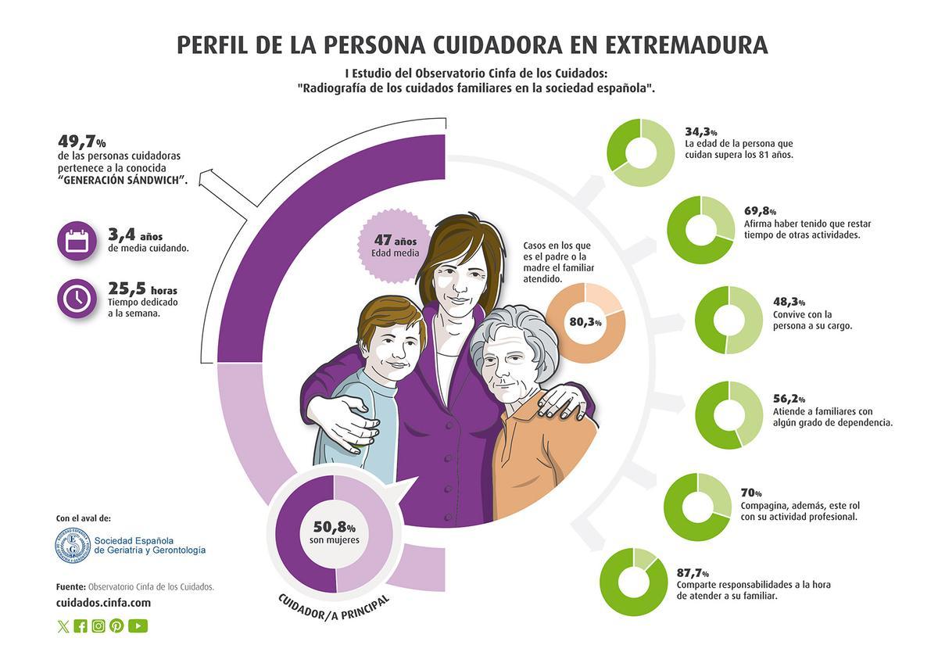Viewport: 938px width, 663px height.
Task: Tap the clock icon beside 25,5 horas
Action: [x=77, y=298]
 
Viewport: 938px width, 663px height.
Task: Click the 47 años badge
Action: [x=395, y=244]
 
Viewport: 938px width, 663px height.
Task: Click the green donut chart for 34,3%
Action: [x=641, y=153]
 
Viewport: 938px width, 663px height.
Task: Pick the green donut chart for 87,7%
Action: [x=633, y=582]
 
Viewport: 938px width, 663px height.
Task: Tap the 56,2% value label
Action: [x=789, y=399]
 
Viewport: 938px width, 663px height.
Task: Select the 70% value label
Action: [x=751, y=493]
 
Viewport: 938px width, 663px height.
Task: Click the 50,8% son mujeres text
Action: [x=334, y=532]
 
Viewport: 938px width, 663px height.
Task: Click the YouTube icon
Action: [x=138, y=625]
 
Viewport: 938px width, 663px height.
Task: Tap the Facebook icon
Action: [x=81, y=625]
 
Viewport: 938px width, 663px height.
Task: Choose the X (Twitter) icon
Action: [x=63, y=626]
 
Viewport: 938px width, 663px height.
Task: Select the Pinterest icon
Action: [x=116, y=625]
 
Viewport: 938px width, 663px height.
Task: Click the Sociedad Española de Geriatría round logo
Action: [x=73, y=545]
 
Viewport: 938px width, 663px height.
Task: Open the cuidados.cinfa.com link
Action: [x=103, y=603]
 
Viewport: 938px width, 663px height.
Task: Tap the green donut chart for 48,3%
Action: [x=729, y=320]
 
